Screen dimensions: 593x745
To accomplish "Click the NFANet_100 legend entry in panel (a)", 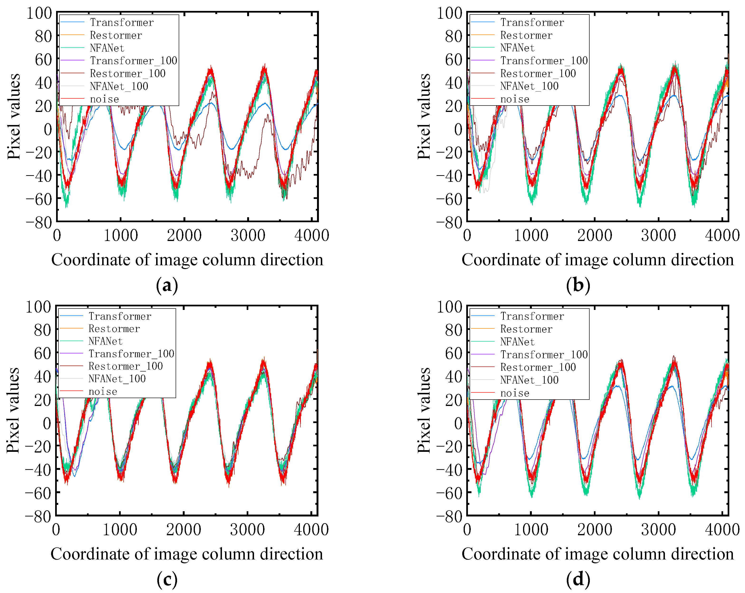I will (x=119, y=86).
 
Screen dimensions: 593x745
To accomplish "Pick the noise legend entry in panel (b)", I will (x=514, y=99).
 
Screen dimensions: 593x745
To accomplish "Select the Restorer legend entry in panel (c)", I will (x=114, y=329).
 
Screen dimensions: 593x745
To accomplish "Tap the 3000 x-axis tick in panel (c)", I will (x=247, y=529).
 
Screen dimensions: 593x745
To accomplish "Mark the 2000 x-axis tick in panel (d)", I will (x=594, y=529).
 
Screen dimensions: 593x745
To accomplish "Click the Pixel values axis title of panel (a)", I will (x=14, y=116).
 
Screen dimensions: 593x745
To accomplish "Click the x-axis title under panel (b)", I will (x=597, y=260).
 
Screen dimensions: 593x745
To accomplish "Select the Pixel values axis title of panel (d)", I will (x=424, y=410).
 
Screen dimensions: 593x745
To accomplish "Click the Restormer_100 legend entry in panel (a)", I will (x=128, y=73).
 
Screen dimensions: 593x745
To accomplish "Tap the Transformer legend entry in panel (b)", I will (x=532, y=23).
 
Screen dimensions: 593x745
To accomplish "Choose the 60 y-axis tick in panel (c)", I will (x=43, y=353).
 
